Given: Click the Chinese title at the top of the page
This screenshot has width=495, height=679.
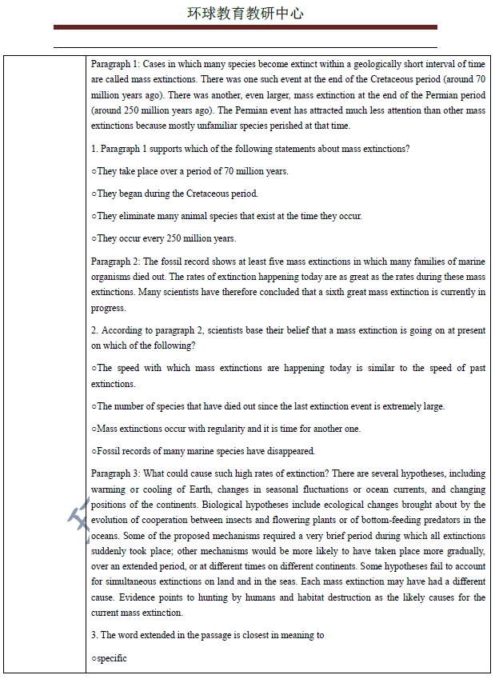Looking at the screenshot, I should tap(246, 14).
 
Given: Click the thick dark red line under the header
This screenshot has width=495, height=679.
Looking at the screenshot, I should tap(246, 27).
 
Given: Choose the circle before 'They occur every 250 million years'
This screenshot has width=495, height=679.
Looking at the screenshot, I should tap(94, 238).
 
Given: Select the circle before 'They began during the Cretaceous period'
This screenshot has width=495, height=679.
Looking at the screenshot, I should tap(94, 194).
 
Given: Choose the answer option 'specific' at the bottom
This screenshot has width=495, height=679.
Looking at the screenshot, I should tap(112, 658).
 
